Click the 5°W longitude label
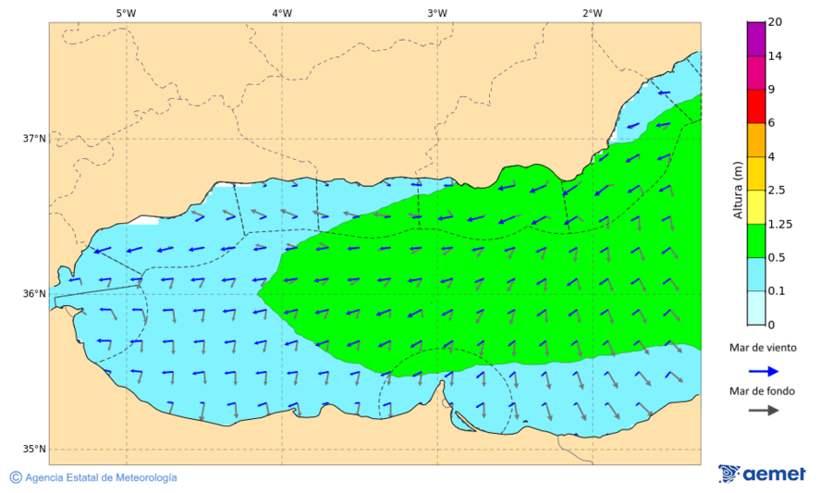pyautogui.click(x=127, y=13)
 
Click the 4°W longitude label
pyautogui.click(x=282, y=13)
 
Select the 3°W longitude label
pyautogui.click(x=437, y=13)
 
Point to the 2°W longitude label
pyautogui.click(x=593, y=13)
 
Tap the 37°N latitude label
pyautogui.click(x=34, y=139)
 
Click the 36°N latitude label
pyautogui.click(x=34, y=294)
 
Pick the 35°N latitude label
pyautogui.click(x=34, y=450)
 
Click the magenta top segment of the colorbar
pyautogui.click(x=756, y=39)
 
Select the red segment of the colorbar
pyautogui.click(x=756, y=106)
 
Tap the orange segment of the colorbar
pyautogui.click(x=756, y=140)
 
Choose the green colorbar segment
pyautogui.click(x=756, y=240)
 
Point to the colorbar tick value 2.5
pyautogui.click(x=777, y=191)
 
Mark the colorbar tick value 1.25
pyautogui.click(x=779, y=224)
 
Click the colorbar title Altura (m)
pyautogui.click(x=738, y=190)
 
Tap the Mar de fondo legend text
pyautogui.click(x=761, y=391)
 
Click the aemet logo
pyautogui.click(x=762, y=474)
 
